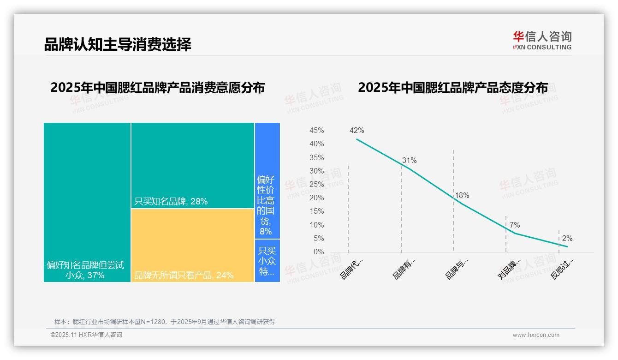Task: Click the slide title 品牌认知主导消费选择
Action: [x=118, y=44]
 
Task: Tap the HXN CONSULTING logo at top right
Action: [x=542, y=41]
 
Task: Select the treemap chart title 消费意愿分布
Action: [x=157, y=88]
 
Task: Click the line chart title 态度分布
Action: [x=452, y=88]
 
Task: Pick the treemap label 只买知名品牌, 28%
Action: [x=171, y=201]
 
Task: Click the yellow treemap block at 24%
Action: [x=193, y=245]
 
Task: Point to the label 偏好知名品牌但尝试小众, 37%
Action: [x=85, y=270]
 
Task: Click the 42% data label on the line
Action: [x=357, y=130]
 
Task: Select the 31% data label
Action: [x=409, y=161]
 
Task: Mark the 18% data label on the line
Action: [x=462, y=195]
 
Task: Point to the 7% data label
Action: [x=515, y=225]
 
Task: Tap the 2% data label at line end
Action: [x=567, y=239]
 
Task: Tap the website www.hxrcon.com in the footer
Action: [x=536, y=335]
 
